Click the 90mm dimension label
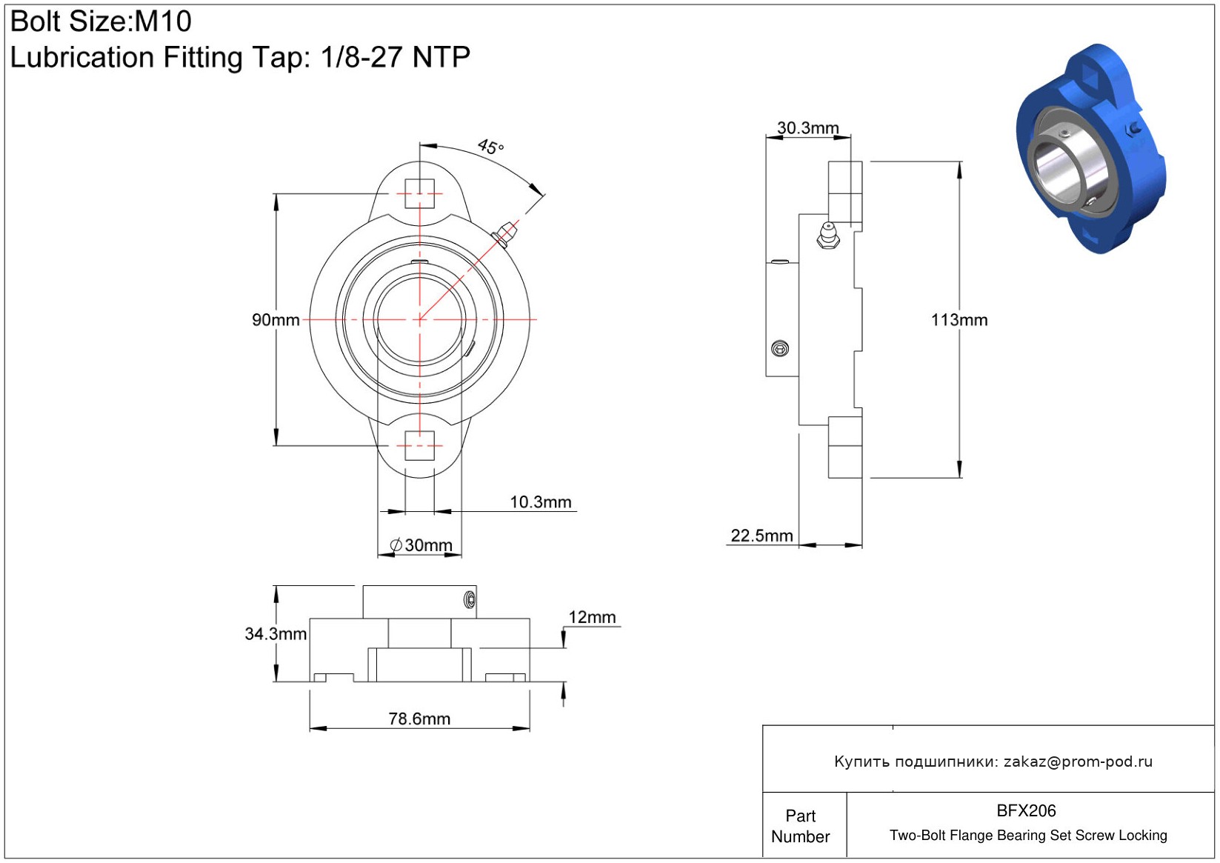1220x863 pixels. coord(276,320)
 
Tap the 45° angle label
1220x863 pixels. coord(490,147)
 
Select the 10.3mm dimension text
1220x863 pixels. coord(540,502)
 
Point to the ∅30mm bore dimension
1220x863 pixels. coord(421,544)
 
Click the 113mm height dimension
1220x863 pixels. coord(959,320)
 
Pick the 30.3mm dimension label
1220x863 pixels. coord(807,128)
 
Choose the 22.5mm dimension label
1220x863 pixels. coord(761,536)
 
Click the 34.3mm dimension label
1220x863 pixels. coord(276,633)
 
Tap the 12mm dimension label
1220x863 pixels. coord(592,617)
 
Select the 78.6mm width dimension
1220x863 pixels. coord(419,719)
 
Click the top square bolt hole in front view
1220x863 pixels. coord(420,193)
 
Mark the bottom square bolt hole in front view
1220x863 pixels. coord(420,446)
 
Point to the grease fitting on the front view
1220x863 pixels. coord(505,234)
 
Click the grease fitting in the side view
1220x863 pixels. coord(828,236)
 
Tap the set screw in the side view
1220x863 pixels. coord(780,349)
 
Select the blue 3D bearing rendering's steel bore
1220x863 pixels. coord(1059,173)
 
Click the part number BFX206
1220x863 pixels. coord(1026,811)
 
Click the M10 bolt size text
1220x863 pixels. coord(163,21)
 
